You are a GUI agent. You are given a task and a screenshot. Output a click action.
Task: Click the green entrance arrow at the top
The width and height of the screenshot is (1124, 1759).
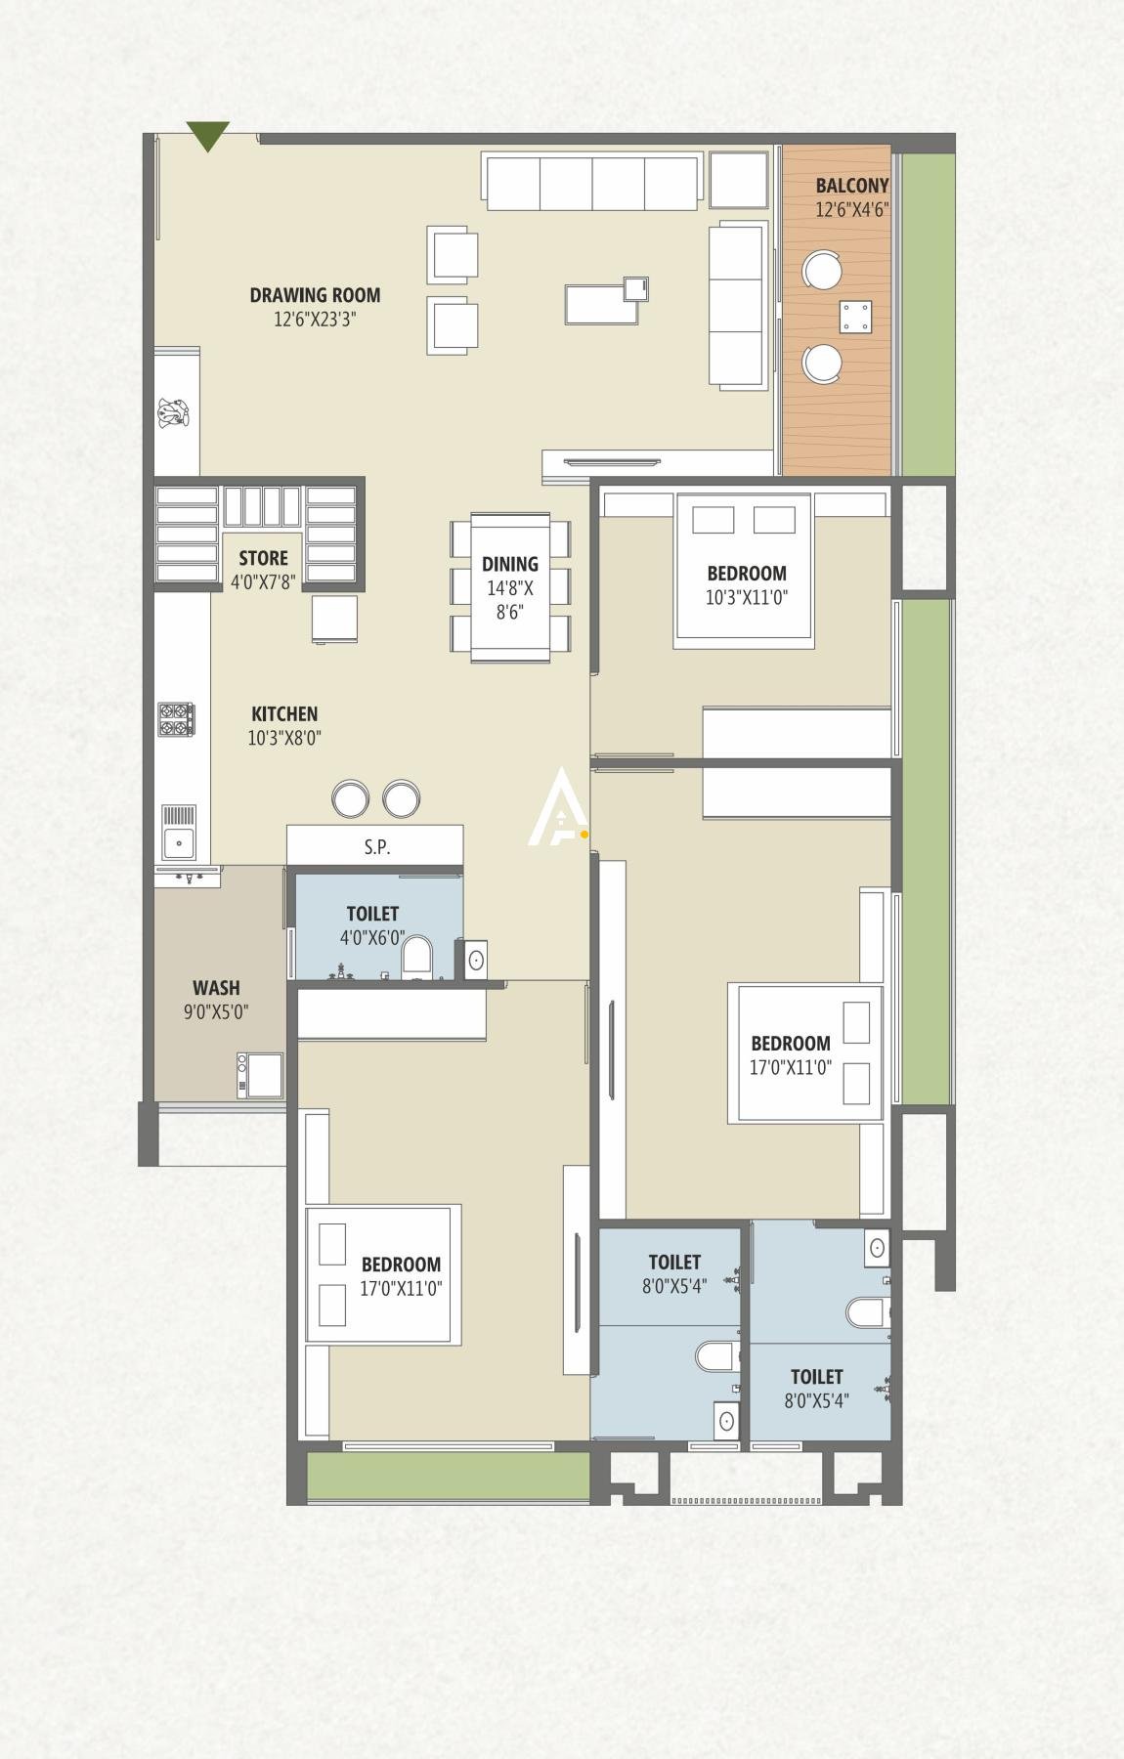(207, 135)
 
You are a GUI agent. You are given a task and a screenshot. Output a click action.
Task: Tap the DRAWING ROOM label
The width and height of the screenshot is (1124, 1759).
(315, 295)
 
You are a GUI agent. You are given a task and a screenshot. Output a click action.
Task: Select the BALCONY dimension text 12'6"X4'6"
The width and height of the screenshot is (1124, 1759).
(851, 209)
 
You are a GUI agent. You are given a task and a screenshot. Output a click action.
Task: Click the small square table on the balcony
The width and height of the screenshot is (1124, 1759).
(855, 317)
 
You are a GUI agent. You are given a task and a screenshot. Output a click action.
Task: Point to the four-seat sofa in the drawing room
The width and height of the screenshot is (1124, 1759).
(591, 182)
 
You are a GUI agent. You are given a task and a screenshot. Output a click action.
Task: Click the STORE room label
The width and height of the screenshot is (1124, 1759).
(264, 558)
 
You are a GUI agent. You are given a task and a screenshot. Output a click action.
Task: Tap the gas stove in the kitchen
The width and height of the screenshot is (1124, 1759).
(177, 719)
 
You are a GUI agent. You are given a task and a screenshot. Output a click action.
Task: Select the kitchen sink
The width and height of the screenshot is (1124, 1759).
(179, 840)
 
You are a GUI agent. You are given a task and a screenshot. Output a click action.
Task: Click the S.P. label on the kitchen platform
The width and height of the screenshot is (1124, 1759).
(377, 847)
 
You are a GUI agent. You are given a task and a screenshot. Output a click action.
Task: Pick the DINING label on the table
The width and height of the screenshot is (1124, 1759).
(509, 564)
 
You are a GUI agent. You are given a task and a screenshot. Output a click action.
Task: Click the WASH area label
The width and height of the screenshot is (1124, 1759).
(215, 987)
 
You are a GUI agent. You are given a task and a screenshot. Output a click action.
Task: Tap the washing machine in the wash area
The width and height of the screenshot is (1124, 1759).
(260, 1075)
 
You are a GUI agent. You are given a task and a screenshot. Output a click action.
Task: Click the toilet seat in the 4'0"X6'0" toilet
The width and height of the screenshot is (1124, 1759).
(417, 958)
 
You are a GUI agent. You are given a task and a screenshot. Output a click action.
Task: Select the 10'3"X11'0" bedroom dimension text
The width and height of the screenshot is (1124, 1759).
(747, 598)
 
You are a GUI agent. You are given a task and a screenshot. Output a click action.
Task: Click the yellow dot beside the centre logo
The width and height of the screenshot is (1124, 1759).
(584, 835)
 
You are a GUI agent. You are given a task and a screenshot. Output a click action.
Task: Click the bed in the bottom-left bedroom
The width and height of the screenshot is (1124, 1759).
(383, 1273)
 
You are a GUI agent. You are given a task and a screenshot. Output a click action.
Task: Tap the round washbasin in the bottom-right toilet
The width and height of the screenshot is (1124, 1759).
(878, 1247)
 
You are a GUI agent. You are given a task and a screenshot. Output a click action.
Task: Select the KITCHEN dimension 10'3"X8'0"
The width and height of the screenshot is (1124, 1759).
(284, 739)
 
